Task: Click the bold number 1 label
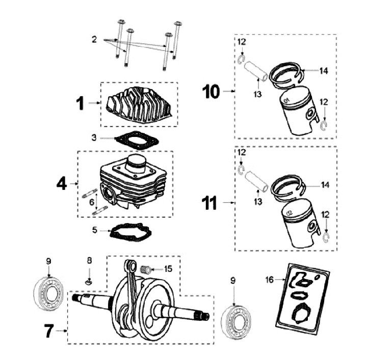80,103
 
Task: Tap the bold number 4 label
61,183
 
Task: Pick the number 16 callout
269,280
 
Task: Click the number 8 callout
89,261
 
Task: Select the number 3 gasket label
94,138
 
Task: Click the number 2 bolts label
94,39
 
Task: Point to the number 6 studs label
92,202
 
